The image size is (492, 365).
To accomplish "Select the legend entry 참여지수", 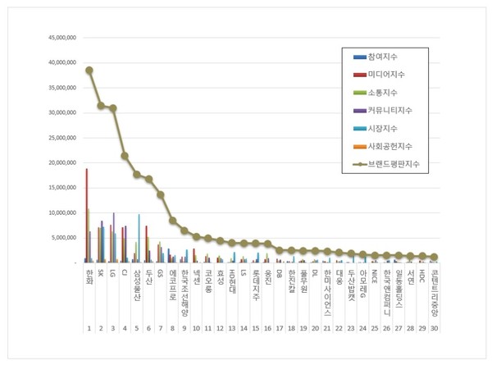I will (386, 57).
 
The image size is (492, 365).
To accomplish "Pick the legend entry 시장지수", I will (386, 128).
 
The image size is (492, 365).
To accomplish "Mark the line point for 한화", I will (89, 71).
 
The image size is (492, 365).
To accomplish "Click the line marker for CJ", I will (125, 155).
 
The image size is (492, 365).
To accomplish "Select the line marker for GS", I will (161, 194).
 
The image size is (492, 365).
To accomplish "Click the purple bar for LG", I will (114, 237).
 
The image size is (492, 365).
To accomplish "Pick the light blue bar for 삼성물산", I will (139, 238).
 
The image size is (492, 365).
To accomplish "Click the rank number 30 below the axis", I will (434, 327).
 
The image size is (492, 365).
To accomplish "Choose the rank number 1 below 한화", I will (89, 327).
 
